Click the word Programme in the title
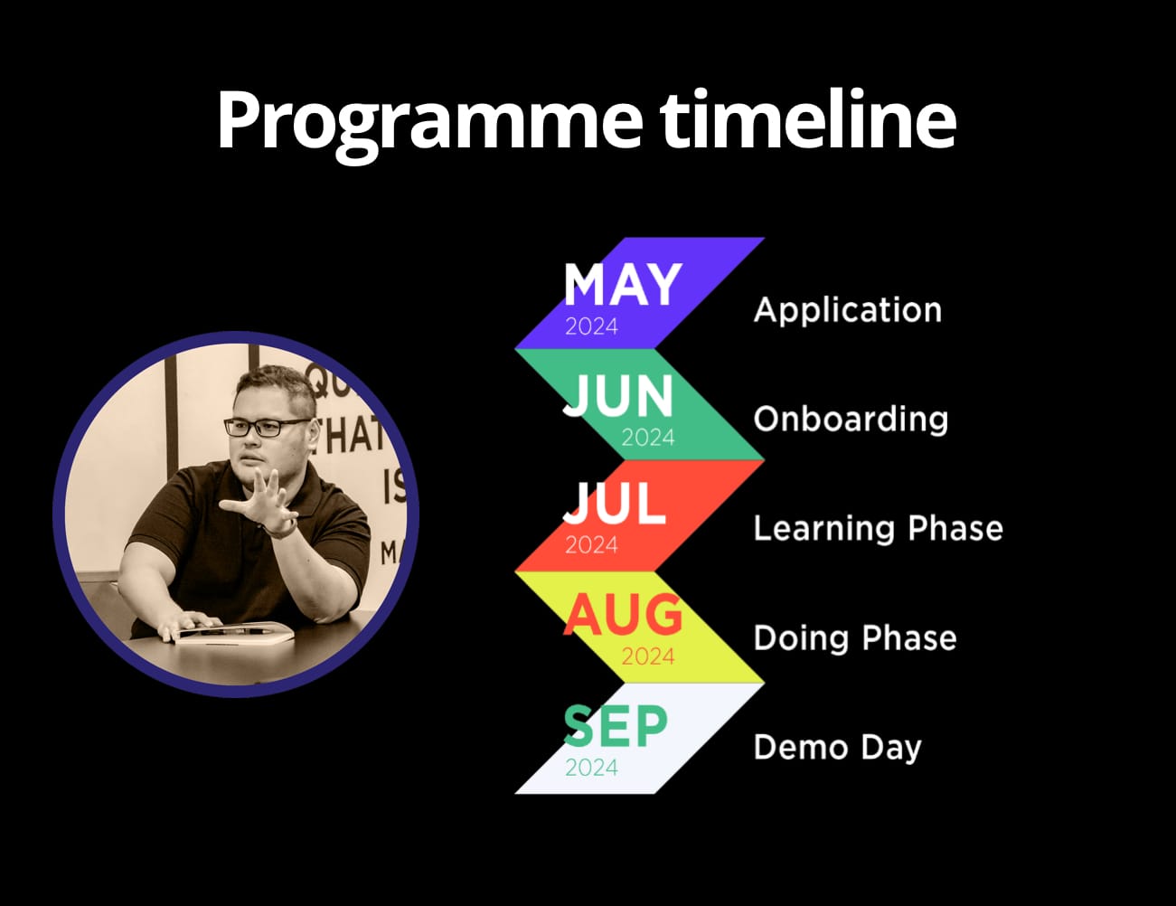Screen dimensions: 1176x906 click(x=430, y=123)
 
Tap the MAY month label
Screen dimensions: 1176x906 click(x=623, y=285)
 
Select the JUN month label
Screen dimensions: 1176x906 click(x=617, y=396)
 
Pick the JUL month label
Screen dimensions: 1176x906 click(x=614, y=504)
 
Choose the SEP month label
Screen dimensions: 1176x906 click(x=616, y=725)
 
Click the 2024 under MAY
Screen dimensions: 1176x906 click(x=591, y=327)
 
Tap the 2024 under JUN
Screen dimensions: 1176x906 click(x=648, y=438)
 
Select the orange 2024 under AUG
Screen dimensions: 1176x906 click(x=648, y=657)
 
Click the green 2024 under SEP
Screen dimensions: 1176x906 click(x=591, y=768)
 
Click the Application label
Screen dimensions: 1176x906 click(x=848, y=311)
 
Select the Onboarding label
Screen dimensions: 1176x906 click(x=851, y=420)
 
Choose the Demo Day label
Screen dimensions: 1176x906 click(x=838, y=749)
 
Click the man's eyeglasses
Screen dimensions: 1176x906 click(x=268, y=428)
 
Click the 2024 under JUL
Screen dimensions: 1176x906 click(x=591, y=545)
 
